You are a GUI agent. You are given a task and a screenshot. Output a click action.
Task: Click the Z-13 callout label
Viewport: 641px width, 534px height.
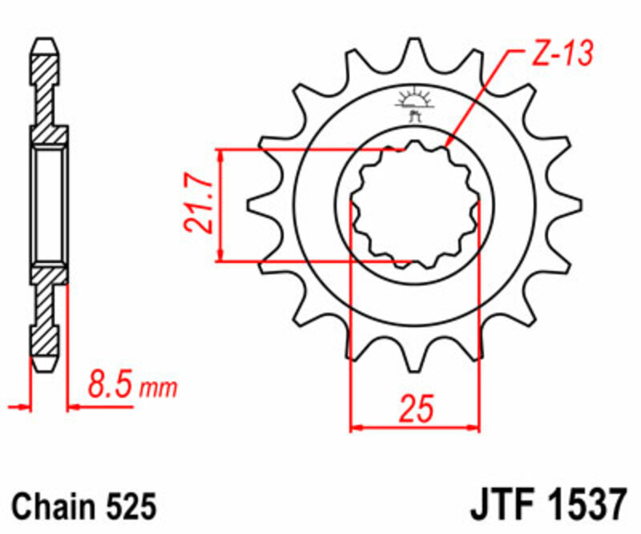click(x=561, y=55)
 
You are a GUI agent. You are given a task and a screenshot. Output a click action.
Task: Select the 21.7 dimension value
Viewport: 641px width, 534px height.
click(x=200, y=204)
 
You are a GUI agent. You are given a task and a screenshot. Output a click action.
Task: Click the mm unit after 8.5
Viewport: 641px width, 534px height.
click(x=158, y=390)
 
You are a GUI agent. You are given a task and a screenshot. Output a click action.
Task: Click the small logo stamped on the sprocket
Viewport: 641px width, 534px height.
click(x=414, y=105)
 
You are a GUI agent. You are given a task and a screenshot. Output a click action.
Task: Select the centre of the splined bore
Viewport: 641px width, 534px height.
click(x=415, y=204)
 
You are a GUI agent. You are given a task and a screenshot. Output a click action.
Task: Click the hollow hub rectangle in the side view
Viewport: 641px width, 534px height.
click(x=49, y=204)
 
